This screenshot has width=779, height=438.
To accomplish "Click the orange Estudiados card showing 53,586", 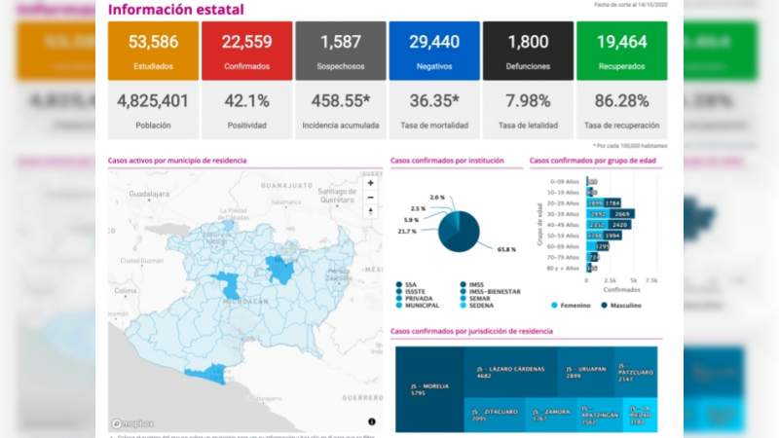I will pyautogui.click(x=153, y=51).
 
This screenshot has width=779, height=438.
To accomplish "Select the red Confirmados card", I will pyautogui.click(x=246, y=51).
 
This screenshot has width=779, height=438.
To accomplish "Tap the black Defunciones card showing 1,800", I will pyautogui.click(x=528, y=51).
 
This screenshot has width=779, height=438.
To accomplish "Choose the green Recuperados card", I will pyautogui.click(x=621, y=51).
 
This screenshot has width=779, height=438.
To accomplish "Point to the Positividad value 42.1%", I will pyautogui.click(x=246, y=100).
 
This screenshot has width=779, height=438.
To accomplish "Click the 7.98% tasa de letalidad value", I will pyautogui.click(x=528, y=100).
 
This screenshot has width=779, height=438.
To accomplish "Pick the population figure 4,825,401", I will pyautogui.click(x=153, y=100).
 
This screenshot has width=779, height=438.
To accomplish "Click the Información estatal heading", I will pyautogui.click(x=176, y=10).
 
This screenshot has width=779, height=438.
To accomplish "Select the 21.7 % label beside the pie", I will pyautogui.click(x=407, y=232).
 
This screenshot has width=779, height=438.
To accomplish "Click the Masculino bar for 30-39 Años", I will pyautogui.click(x=624, y=213).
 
